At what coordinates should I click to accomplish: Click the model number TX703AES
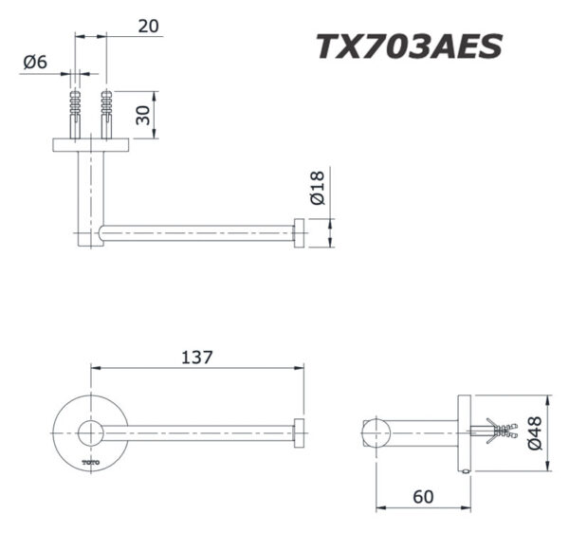click(x=408, y=46)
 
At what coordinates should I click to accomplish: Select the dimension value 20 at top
click(x=148, y=26)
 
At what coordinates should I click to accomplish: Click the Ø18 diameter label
click(x=317, y=187)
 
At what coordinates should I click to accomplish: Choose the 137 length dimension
click(x=195, y=358)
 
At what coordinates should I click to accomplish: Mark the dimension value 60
click(x=422, y=494)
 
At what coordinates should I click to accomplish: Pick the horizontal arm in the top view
click(x=199, y=233)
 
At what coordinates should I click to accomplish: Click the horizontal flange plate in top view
click(x=92, y=143)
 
